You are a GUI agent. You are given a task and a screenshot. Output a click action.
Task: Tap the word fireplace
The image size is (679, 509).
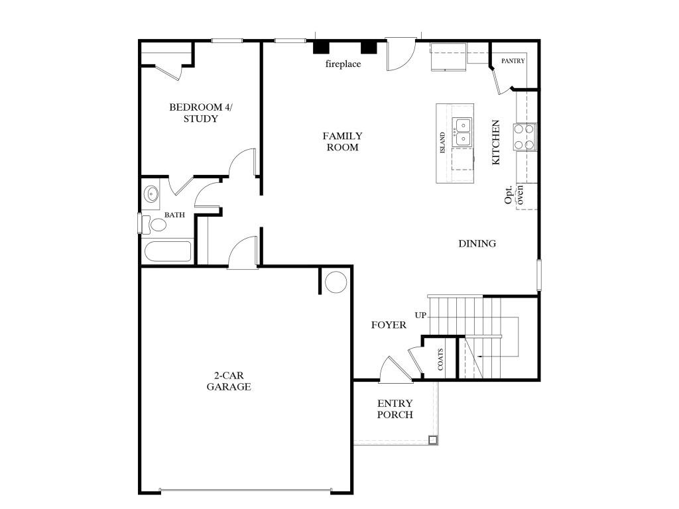coord(343,64)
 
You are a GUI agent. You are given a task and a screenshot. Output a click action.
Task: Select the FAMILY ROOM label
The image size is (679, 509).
coord(342,142)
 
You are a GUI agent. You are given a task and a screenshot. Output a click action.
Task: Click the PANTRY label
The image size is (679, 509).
coord(513,61)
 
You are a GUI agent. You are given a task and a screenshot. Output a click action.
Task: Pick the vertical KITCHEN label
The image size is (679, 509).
coord(495,142)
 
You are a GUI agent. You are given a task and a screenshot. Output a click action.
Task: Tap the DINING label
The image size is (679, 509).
coord(477,244)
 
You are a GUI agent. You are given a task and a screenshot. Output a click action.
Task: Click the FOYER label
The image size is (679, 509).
coord(389,325)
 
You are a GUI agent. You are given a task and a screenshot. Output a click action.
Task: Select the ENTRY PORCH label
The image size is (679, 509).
coord(395,409)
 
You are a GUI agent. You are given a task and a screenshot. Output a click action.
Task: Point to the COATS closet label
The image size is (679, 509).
coord(440,360)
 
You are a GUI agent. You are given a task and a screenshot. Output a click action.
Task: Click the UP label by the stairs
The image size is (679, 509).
coord(420,315)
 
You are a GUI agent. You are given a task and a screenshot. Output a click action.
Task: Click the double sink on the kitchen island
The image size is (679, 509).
coord(462,132)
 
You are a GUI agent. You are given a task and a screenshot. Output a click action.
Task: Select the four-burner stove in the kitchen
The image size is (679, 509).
coord(525,137)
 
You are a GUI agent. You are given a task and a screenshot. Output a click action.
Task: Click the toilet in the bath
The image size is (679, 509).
coord(158,225)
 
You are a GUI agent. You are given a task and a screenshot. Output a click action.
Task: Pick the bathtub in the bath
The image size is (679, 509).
coord(167,253)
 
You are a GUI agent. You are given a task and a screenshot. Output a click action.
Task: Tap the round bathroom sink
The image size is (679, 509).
coord(152,196)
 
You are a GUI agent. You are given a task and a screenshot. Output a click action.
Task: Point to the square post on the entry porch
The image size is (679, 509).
coord(432,439)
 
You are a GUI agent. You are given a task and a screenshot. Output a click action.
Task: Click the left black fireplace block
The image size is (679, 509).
coord(322,48)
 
